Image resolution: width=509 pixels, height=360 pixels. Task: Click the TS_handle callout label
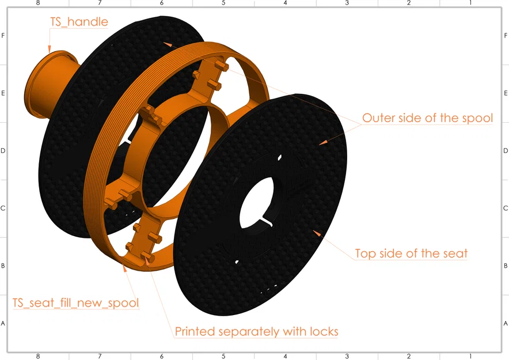(79, 22)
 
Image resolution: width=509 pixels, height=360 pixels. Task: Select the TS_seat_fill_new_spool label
(76, 302)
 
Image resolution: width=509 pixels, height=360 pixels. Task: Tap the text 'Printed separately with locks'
(256, 331)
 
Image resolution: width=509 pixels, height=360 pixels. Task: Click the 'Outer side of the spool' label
(427, 118)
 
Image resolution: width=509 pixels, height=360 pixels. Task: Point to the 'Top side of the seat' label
(411, 253)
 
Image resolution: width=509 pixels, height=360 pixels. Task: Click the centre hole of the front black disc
(256, 203)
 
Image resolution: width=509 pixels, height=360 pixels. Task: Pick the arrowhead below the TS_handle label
(50, 50)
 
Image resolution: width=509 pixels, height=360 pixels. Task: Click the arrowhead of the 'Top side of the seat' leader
(317, 233)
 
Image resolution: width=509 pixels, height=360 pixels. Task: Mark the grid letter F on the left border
(3, 35)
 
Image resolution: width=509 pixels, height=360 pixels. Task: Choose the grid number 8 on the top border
(38, 3)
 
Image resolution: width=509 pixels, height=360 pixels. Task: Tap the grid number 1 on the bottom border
(470, 357)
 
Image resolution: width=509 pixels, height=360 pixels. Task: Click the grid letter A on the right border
(506, 323)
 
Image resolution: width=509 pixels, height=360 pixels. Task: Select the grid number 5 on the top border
(223, 3)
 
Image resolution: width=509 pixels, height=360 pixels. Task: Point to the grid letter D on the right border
(506, 150)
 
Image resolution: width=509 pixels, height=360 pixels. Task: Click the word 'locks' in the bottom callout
(324, 331)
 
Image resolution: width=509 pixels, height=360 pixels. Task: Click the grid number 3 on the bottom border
(347, 357)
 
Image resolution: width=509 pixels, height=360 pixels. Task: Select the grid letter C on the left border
(3, 208)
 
